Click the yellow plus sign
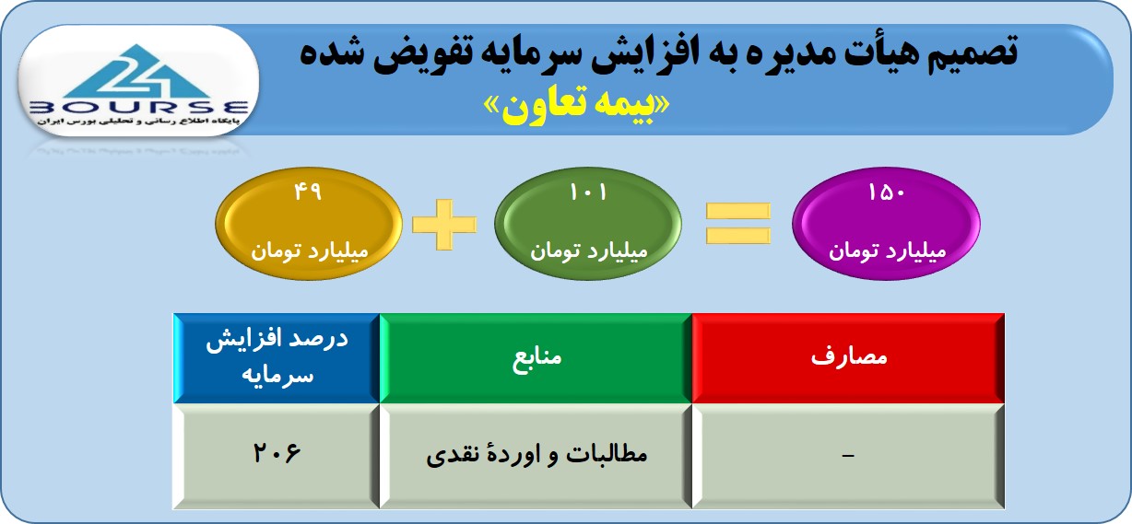[444, 225]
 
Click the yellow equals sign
[738, 223]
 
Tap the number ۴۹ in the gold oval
[308, 192]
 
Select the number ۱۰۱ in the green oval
[588, 192]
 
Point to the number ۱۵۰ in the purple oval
[886, 192]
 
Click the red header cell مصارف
[848, 358]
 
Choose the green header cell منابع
[536, 358]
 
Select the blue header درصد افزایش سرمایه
[277, 358]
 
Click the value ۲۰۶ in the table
[277, 452]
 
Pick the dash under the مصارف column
[848, 456]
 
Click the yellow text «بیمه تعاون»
[577, 106]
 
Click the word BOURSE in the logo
[139, 108]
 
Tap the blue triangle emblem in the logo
[136, 72]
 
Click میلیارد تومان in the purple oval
[887, 250]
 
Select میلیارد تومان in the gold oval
[310, 250]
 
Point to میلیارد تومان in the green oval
[589, 250]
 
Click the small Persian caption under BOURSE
[137, 122]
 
